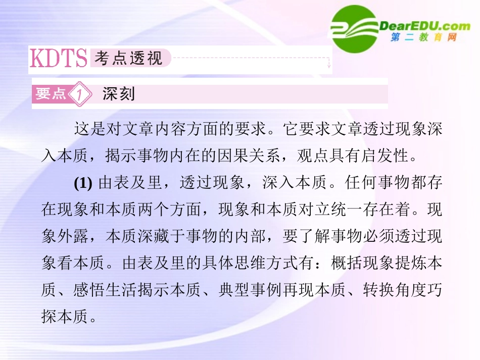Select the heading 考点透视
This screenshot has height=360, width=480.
click(x=128, y=59)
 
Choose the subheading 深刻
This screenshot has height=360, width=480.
click(x=119, y=94)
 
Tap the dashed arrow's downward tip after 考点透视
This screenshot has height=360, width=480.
click(x=329, y=66)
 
